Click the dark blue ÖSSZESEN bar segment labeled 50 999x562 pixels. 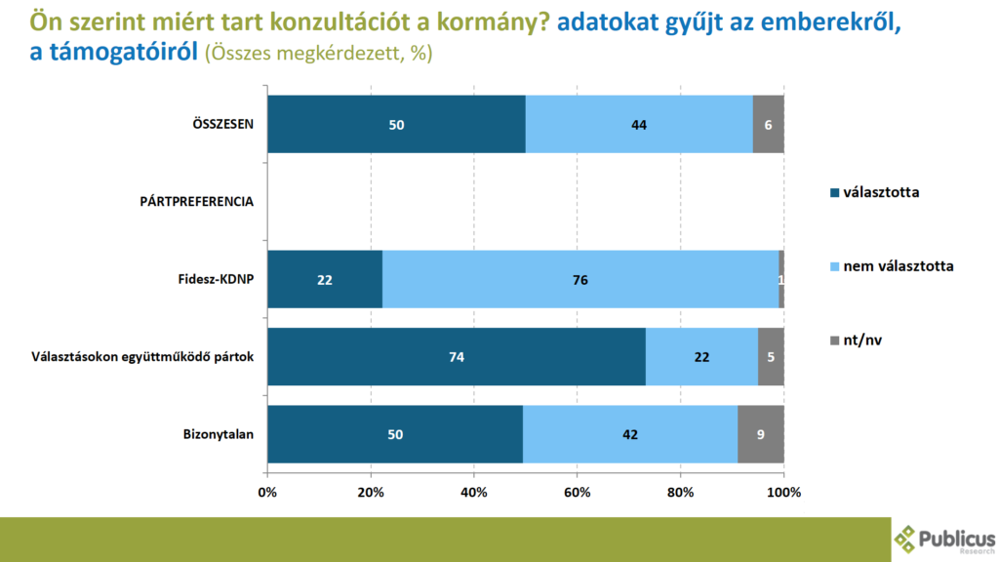click(396, 125)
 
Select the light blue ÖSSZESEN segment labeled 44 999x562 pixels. click(639, 125)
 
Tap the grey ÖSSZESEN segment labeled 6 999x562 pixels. click(768, 125)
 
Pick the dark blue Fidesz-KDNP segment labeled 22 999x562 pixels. click(325, 279)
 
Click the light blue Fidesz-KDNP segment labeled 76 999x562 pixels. click(580, 279)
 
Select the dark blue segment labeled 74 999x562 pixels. click(457, 357)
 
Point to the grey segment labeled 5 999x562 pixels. click(771, 357)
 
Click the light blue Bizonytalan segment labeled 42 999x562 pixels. click(630, 434)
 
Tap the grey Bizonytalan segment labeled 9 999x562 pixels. click(761, 434)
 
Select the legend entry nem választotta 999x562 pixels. click(898, 265)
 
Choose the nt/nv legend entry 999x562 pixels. click(862, 340)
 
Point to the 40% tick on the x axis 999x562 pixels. click(474, 493)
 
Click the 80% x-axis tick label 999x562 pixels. click(681, 493)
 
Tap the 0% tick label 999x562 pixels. click(267, 493)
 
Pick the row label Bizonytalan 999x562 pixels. click(220, 434)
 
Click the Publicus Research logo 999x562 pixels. click(944, 540)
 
